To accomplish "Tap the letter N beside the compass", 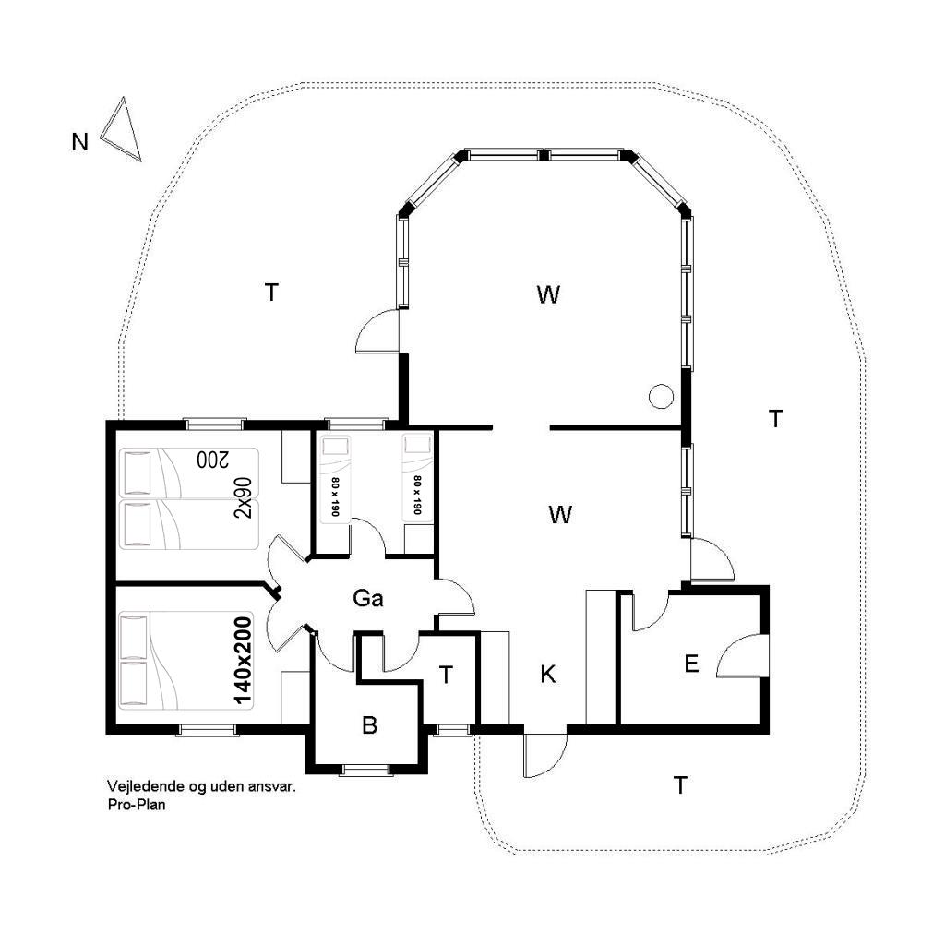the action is (79, 142).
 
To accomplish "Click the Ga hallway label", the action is (367, 598).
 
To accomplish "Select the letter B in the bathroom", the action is (369, 725).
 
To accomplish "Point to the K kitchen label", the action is (548, 675).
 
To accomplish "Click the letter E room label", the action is (691, 664).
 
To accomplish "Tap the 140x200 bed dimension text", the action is (243, 661).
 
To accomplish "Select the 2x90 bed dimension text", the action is (243, 497).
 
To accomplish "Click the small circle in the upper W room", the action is (661, 397).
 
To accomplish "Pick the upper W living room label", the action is (548, 294).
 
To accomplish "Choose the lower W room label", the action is (560, 515).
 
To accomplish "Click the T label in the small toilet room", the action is (446, 675).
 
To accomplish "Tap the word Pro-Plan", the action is (137, 804).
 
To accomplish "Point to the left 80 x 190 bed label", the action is (335, 496).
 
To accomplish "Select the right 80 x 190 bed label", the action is (417, 495).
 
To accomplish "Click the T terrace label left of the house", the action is (272, 293).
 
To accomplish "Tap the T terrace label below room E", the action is (680, 785).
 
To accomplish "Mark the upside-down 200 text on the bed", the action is (213, 460).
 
